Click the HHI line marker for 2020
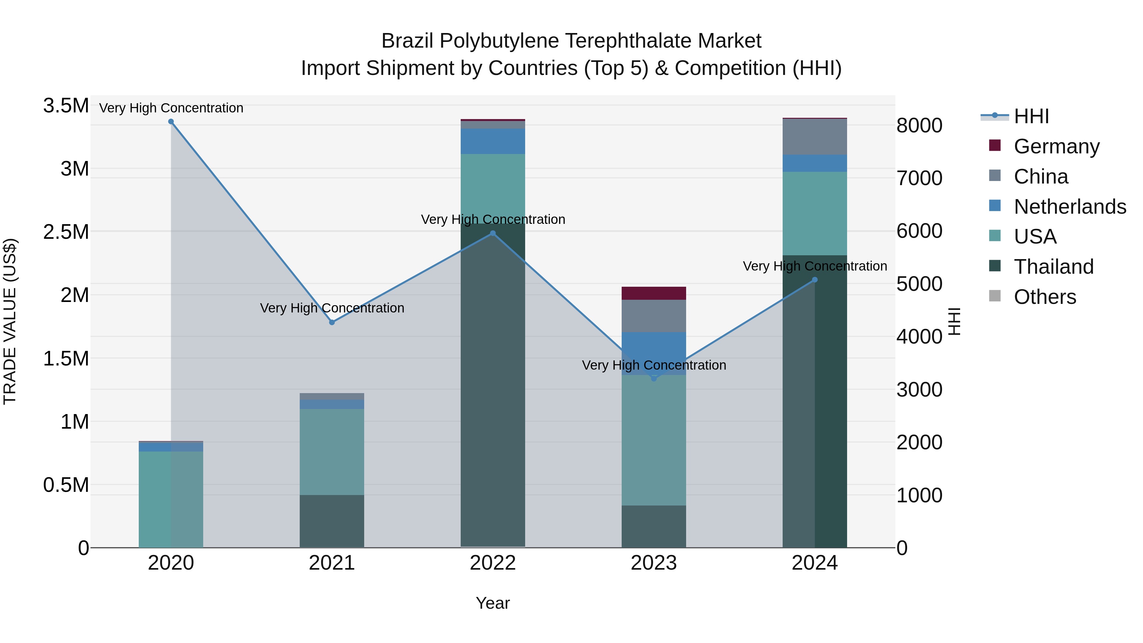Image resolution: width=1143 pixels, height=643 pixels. tap(171, 122)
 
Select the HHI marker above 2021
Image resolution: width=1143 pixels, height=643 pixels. tap(332, 322)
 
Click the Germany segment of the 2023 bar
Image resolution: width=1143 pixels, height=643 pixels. tap(654, 293)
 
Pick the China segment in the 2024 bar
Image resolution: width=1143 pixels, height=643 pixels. tap(815, 137)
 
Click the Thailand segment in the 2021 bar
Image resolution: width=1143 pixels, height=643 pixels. tap(332, 521)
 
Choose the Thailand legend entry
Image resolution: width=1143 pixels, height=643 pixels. tap(1053, 267)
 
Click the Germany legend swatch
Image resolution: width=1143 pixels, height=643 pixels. tap(995, 145)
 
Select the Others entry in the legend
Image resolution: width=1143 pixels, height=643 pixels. tap(1045, 297)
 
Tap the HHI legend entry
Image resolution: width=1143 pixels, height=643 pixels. tap(1031, 116)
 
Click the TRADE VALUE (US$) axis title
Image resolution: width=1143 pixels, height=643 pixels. tap(10, 321)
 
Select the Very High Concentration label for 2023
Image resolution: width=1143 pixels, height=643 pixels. tap(654, 365)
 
